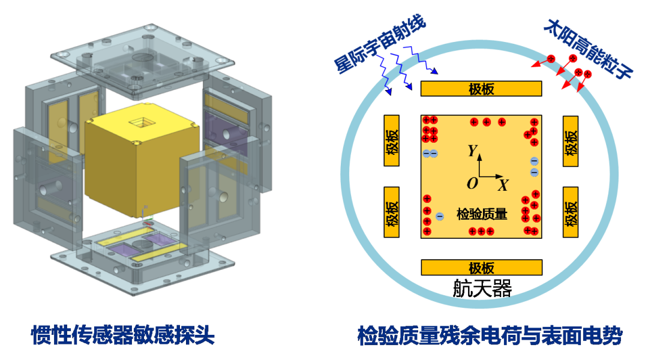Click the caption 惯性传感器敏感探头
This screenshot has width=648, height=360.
point(123,335)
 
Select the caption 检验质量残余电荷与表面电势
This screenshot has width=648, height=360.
point(490,335)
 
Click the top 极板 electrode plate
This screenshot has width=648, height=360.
point(481,89)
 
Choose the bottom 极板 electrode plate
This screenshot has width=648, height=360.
point(481,268)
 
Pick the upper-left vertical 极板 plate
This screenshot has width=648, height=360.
point(392,140)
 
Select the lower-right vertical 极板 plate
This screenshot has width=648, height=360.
point(571,212)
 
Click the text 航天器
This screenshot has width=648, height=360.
point(482,288)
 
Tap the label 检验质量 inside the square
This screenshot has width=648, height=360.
point(481,214)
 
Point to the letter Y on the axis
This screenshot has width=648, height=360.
point(472,151)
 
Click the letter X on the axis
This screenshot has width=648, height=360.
point(503,185)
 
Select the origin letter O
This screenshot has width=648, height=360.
point(472,183)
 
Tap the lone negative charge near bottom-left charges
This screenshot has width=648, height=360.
point(440,216)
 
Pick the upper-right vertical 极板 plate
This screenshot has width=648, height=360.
point(571,142)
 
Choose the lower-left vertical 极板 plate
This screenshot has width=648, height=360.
point(392,212)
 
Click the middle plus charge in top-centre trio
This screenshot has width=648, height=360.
point(487,122)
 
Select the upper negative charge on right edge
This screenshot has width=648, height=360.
point(535,161)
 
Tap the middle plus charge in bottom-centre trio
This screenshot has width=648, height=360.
point(481,232)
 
